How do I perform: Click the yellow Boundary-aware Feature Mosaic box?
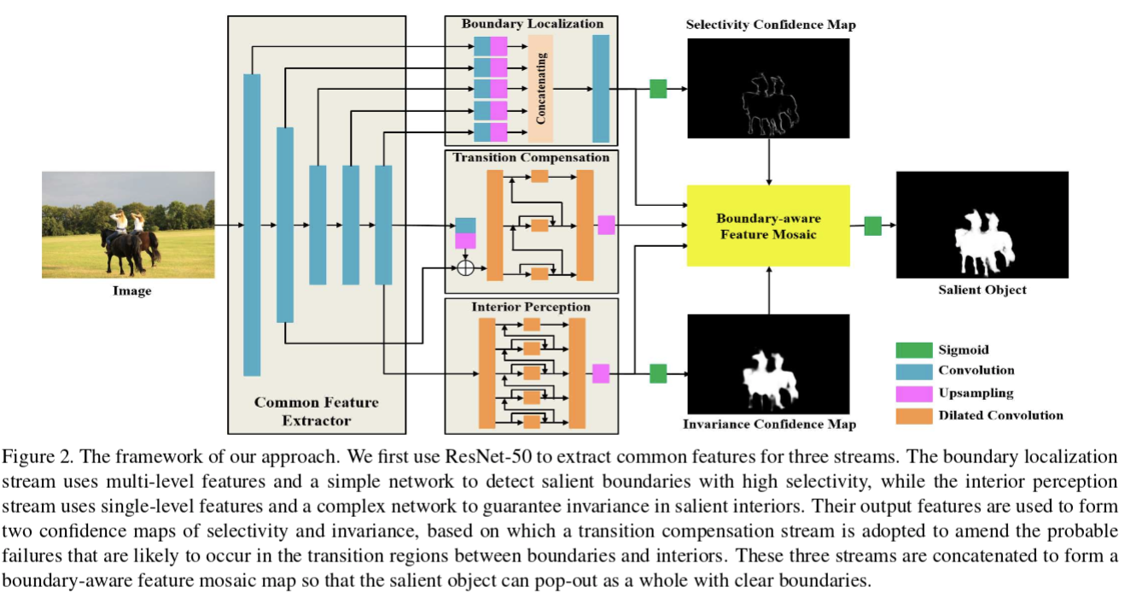click(770, 225)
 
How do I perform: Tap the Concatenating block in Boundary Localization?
click(540, 88)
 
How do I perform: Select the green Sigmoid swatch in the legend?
click(912, 349)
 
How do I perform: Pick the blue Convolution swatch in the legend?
click(912, 371)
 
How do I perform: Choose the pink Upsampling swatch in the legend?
click(912, 393)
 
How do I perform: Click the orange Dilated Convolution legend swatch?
click(912, 415)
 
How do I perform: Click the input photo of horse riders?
click(128, 224)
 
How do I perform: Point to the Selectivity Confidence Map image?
click(769, 88)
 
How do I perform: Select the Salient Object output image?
click(982, 225)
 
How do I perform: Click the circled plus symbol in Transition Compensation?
click(465, 267)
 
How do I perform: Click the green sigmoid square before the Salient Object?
click(872, 226)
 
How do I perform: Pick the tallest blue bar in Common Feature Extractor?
click(252, 225)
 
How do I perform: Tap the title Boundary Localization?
click(533, 23)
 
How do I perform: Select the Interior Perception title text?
click(531, 306)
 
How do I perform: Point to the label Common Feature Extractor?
click(317, 411)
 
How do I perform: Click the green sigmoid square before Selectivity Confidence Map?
click(657, 88)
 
